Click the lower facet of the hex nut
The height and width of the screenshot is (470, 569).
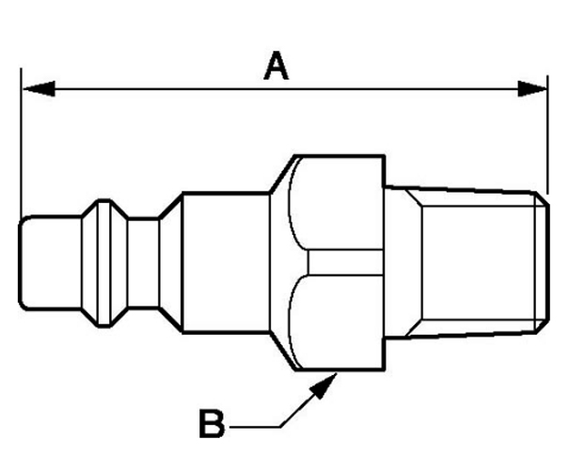pos(339,320)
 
